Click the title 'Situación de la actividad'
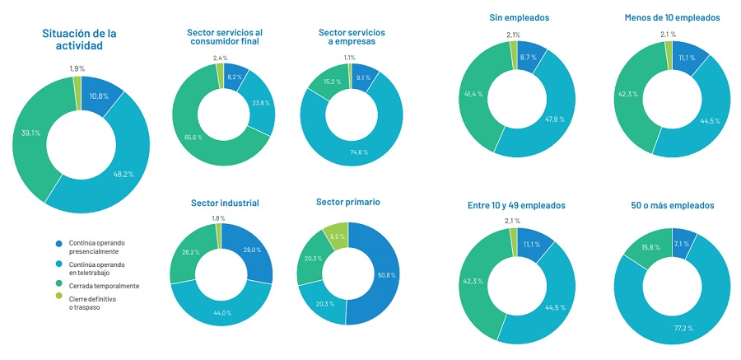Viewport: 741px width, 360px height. click(x=79, y=40)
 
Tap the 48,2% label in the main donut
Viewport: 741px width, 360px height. click(x=123, y=174)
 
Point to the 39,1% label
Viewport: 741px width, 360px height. click(x=30, y=133)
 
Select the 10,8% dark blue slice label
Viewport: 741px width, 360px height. click(x=99, y=96)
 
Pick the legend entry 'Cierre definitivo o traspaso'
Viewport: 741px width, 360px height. click(x=92, y=303)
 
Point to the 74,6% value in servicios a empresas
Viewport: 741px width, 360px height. click(x=359, y=152)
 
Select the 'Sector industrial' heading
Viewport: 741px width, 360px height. click(x=225, y=203)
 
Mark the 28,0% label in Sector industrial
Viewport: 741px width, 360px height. click(x=251, y=250)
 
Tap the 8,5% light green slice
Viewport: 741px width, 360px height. click(x=337, y=236)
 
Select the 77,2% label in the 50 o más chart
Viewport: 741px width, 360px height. click(x=684, y=328)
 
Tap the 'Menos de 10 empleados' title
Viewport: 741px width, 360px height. click(x=673, y=17)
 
